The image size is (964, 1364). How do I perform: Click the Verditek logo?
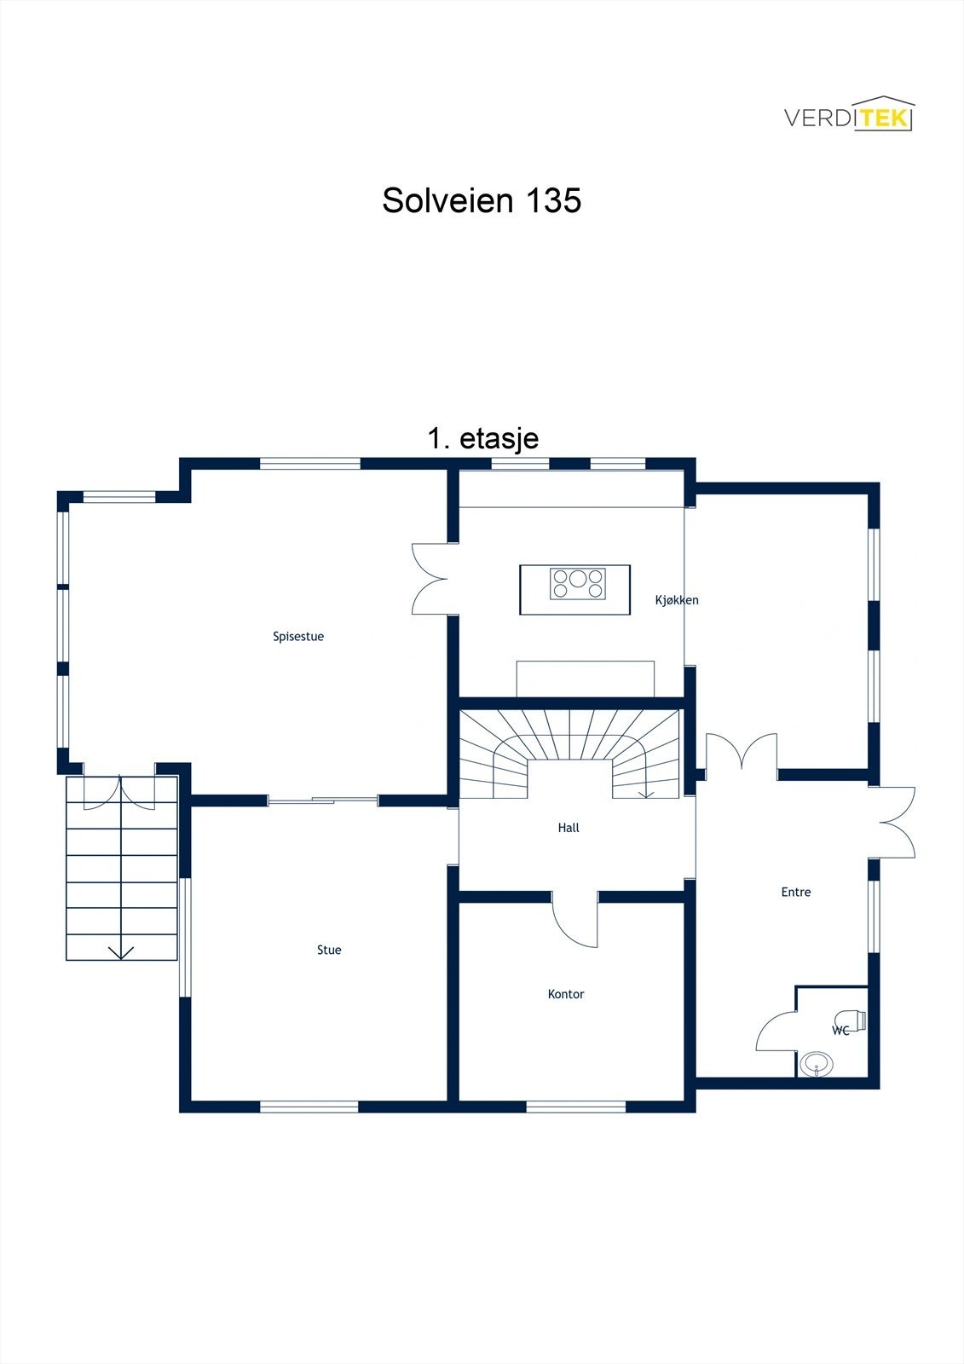pyautogui.click(x=848, y=115)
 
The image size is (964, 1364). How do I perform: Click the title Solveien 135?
pyautogui.click(x=482, y=200)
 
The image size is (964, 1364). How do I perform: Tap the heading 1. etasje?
pyautogui.click(x=482, y=438)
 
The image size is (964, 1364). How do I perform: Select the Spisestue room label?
pyautogui.click(x=298, y=637)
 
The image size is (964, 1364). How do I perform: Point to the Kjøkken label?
pyautogui.click(x=677, y=600)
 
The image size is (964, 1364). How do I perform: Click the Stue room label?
pyautogui.click(x=329, y=950)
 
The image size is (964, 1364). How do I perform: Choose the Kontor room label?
pyautogui.click(x=566, y=994)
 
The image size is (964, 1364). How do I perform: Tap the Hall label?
pyautogui.click(x=569, y=828)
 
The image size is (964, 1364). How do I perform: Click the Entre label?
pyautogui.click(x=796, y=893)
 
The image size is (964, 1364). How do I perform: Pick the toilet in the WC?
pyautogui.click(x=851, y=1020)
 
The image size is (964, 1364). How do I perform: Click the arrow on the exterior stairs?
pyautogui.click(x=122, y=951)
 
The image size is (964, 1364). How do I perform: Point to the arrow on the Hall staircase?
pyautogui.click(x=646, y=793)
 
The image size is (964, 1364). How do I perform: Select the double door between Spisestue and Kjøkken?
pyautogui.click(x=431, y=580)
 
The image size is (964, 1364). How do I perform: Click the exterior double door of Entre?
pyautogui.click(x=895, y=822)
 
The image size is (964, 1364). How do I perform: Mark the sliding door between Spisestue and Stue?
pyautogui.click(x=323, y=800)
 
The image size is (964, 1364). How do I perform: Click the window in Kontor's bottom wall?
pyautogui.click(x=576, y=1107)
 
